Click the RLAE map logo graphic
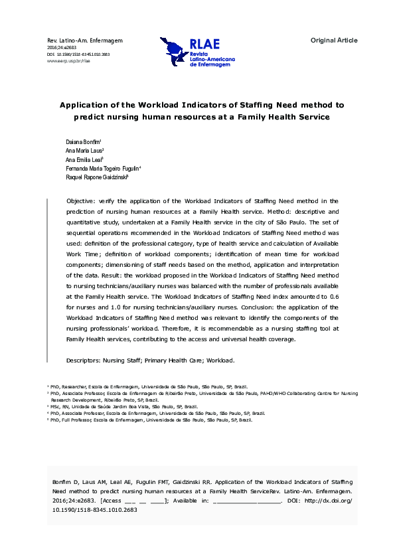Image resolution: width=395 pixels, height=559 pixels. tap(175, 50)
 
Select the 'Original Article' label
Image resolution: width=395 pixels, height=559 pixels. tap(334, 40)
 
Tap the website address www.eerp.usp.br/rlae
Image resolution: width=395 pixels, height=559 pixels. tap(68, 60)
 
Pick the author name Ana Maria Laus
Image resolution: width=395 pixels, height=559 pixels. tap(85, 152)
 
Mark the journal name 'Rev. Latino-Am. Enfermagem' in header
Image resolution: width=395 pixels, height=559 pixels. tap(85, 41)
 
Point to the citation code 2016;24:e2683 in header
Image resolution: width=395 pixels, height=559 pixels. tap(61, 48)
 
